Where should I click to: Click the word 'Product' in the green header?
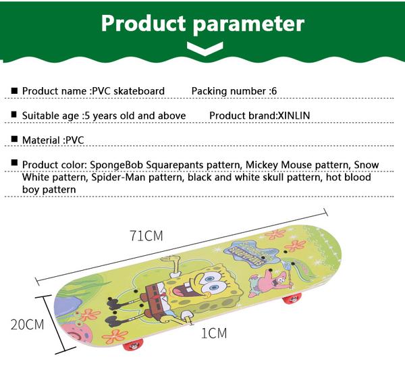[x=143, y=23]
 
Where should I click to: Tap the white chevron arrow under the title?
[x=205, y=49]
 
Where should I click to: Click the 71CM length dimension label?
[x=146, y=236]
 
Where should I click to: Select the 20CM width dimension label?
[x=27, y=325]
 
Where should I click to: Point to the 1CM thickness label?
[x=214, y=334]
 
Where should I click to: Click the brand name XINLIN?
[x=294, y=115]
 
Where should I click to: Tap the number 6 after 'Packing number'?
[x=274, y=91]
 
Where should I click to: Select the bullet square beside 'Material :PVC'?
[x=14, y=139]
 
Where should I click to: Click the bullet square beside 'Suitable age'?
[x=14, y=115]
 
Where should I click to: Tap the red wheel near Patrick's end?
[x=292, y=299]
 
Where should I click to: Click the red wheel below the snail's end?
[x=133, y=345]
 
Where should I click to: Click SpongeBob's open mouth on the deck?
[x=182, y=289]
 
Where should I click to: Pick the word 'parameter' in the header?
[x=248, y=24]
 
